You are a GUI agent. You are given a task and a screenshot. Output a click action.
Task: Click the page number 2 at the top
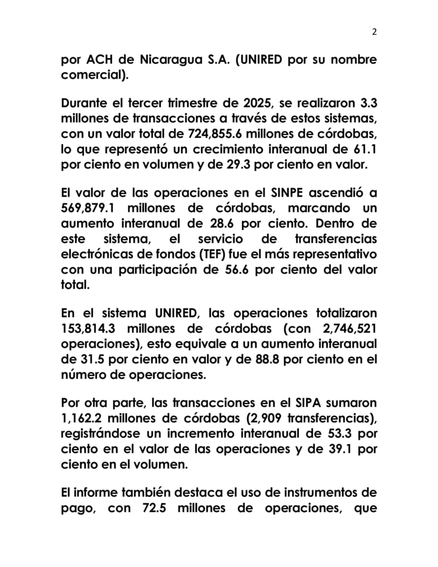pyautogui.click(x=374, y=32)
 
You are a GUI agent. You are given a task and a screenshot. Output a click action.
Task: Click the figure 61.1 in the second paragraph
pyautogui.click(x=365, y=148)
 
